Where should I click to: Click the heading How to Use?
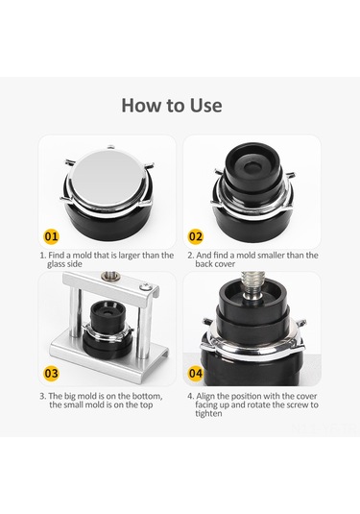click(x=172, y=106)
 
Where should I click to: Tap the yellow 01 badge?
click(x=51, y=236)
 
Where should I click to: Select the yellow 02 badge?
click(x=195, y=236)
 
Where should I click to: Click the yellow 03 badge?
click(x=51, y=373)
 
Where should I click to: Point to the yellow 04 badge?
click(x=195, y=373)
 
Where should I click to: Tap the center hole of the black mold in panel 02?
click(x=253, y=166)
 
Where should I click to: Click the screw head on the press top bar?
click(x=146, y=287)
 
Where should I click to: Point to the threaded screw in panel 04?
click(x=253, y=283)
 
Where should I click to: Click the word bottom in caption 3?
click(x=147, y=396)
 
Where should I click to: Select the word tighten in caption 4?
click(x=208, y=413)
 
